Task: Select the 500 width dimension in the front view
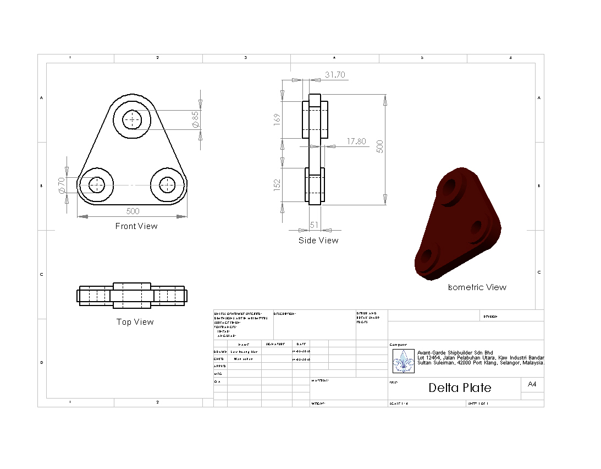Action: [x=133, y=211]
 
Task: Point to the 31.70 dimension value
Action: [x=335, y=75]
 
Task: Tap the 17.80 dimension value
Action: [x=356, y=141]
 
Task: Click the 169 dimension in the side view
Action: [x=277, y=119]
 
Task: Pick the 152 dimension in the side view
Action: [x=277, y=183]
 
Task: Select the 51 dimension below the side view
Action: [x=315, y=225]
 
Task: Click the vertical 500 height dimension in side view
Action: [x=379, y=146]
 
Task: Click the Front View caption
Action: [x=136, y=226]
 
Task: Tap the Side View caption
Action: [x=318, y=241]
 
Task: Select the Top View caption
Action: [x=135, y=322]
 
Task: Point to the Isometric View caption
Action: [x=477, y=287]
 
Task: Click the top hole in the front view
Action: [x=132, y=119]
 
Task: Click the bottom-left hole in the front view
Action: [x=97, y=185]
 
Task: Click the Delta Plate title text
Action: [x=460, y=388]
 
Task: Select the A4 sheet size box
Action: [x=532, y=384]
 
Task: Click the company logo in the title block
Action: [x=404, y=361]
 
